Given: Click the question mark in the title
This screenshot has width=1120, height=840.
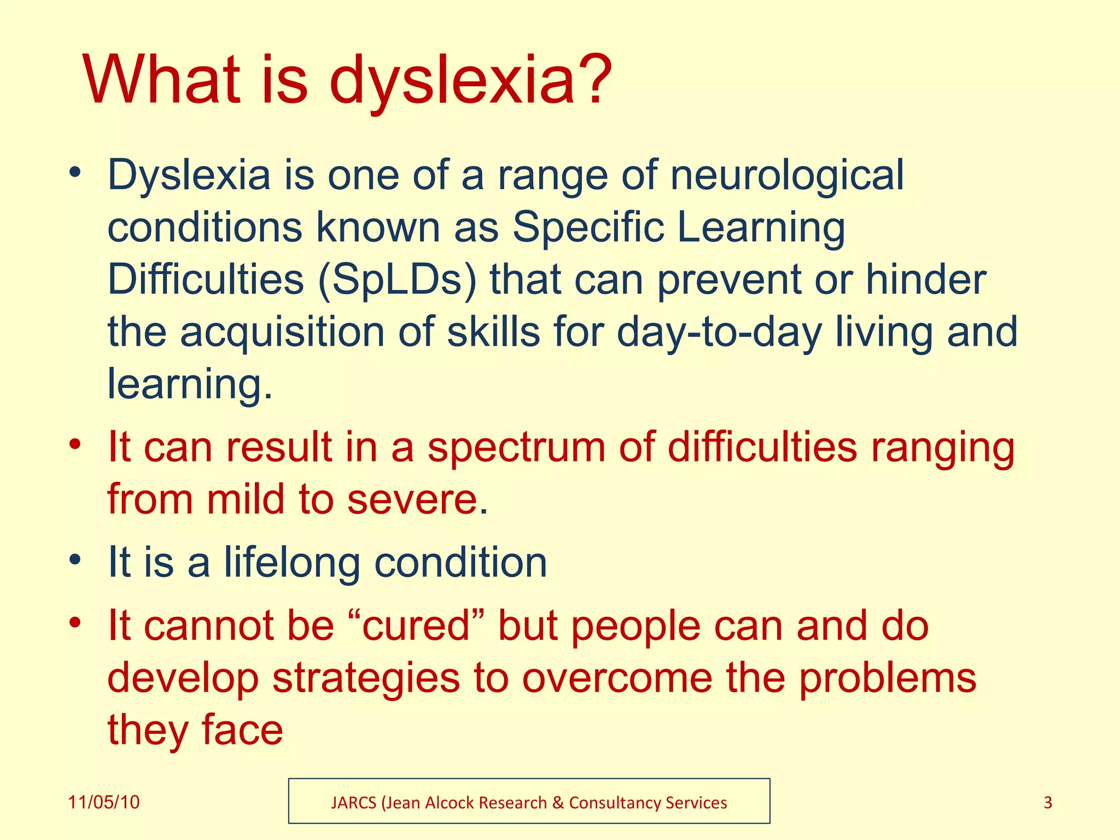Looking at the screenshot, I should [593, 79].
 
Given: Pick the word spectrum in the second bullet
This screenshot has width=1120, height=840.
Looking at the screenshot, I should [516, 447].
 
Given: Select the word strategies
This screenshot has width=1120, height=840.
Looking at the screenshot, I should [366, 678].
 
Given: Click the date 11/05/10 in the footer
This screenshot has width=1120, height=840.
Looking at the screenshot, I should [103, 802].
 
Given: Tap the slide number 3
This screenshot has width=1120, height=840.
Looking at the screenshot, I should [1048, 802].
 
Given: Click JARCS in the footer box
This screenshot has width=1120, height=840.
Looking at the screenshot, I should [354, 803].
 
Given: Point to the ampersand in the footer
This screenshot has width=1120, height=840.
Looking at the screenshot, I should [558, 803].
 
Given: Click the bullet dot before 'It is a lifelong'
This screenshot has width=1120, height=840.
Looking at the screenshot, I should [75, 560].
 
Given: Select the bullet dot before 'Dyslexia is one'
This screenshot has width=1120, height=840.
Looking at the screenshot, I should [75, 173].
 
